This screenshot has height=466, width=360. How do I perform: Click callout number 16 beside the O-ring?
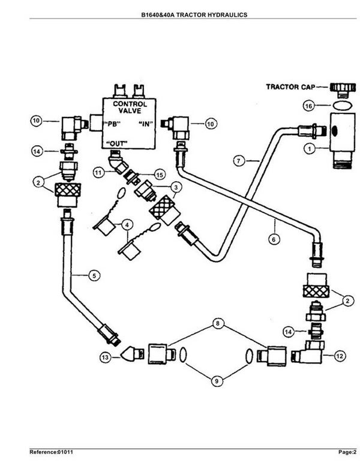pos(309,106)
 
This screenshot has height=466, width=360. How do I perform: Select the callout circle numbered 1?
pos(310,149)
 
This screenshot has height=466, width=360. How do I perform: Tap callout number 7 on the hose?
pos(239,161)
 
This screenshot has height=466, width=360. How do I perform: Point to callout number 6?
pos(274,239)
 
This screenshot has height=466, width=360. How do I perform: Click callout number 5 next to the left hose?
pos(94,275)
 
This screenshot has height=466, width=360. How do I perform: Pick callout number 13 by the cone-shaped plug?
pos(105,357)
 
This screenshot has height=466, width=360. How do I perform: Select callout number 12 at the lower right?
pos(340,356)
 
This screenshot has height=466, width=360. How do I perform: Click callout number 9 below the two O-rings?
pos(217,381)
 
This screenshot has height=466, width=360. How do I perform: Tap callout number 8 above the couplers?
pos(218,323)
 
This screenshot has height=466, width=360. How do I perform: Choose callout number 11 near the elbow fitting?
pos(98,172)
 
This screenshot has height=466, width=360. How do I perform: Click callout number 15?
pos(160,175)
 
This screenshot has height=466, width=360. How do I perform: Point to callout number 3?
pos(176,187)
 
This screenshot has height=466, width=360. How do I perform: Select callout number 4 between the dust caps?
pos(127,225)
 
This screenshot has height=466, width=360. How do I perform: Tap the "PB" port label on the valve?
pos(112,124)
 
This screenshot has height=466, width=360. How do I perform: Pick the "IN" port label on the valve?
pos(146,124)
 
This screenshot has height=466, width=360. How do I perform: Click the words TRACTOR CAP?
pos(290,87)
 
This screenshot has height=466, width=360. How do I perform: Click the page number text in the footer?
pos(347,452)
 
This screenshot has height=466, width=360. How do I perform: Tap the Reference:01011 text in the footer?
pos(51,452)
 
